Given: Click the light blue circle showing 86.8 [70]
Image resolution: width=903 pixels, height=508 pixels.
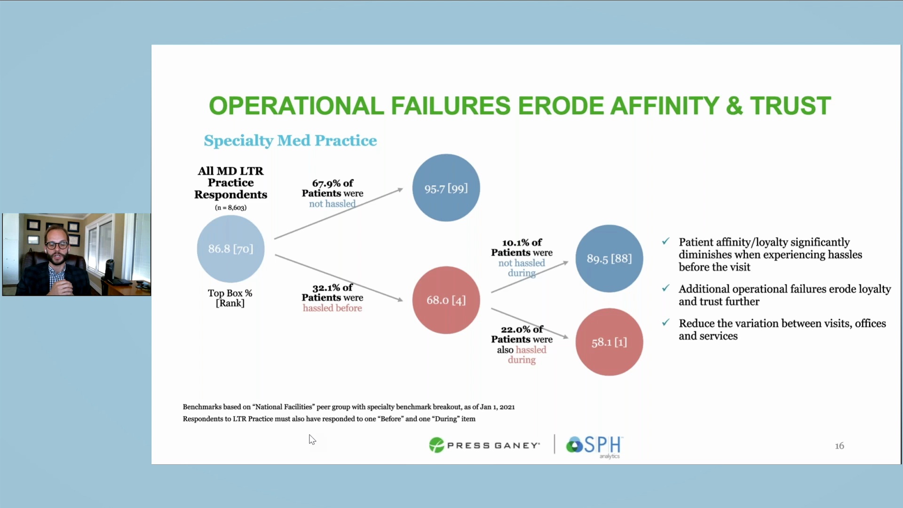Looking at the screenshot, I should coord(230,249).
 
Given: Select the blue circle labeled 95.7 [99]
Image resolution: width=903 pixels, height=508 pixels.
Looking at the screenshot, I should coord(446,188).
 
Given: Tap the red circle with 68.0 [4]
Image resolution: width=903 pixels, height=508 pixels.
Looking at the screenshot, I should coord(446,300).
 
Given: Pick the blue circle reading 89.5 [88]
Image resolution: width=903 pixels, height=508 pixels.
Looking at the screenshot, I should coord(609,259).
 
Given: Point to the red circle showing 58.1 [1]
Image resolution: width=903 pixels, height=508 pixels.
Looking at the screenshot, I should coord(609,342).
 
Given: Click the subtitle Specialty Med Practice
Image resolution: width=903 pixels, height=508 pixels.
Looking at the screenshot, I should coord(290,141).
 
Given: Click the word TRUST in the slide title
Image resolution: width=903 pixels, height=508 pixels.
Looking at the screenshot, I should coord(790,106).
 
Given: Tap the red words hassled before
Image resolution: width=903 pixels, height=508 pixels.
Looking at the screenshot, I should coord(332,308).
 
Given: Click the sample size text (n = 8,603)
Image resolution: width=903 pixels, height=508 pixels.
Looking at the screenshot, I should coord(230,207).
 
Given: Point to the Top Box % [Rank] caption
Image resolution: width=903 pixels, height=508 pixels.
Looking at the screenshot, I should coord(230,298).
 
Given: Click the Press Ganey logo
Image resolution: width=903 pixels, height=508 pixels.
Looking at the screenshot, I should coord(484,445).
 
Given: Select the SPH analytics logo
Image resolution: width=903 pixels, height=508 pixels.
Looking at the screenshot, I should coord(594,445).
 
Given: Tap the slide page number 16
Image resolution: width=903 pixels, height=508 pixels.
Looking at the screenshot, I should coord(840,446).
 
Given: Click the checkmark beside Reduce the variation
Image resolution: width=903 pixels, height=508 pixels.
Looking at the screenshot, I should coord(665,323).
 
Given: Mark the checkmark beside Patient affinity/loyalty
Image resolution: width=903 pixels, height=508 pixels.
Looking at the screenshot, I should coord(665,241).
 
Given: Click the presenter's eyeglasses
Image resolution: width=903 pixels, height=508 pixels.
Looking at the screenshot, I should coord(57,245).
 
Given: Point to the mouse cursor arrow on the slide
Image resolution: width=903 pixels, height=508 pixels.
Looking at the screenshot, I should coord(312,439).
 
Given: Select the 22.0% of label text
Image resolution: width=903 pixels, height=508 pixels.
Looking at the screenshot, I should coord(522,329).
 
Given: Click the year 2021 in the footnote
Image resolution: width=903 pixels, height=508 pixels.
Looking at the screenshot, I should coord(507,407).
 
